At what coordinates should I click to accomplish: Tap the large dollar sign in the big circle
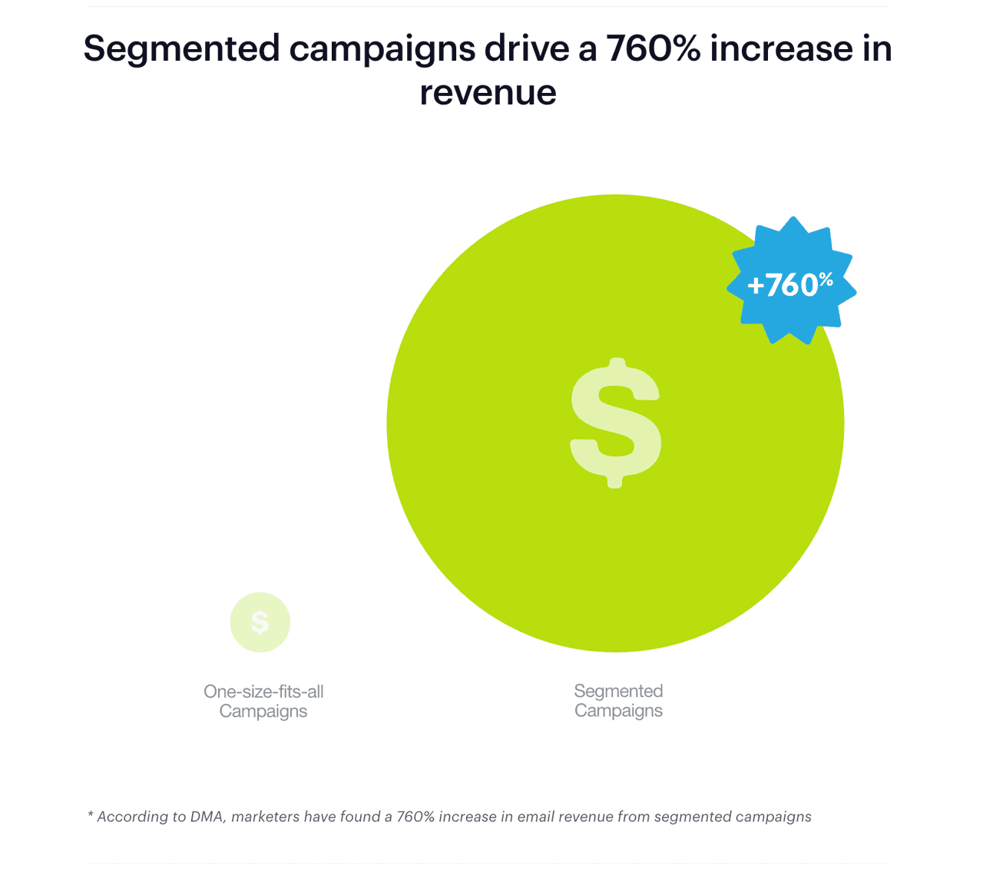pos(615,423)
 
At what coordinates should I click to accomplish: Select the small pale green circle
pos(260,622)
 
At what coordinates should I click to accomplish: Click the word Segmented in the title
pos(182,49)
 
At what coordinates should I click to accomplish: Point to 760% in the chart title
pos(652,49)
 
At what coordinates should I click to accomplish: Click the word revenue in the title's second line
pos(488,92)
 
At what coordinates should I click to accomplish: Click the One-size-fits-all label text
pos(263,691)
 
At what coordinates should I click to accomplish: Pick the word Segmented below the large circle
pos(618,691)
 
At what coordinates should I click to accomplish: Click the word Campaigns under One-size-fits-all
pos(263,711)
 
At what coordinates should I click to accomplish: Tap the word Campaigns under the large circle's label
pos(618,711)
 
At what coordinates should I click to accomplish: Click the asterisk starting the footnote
pos(91,815)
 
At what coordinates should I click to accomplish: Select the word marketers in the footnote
pos(266,817)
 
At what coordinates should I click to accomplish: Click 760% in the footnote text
pos(415,817)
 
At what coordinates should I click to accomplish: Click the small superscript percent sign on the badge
pos(826,279)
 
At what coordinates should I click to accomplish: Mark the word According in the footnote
pos(127,817)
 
